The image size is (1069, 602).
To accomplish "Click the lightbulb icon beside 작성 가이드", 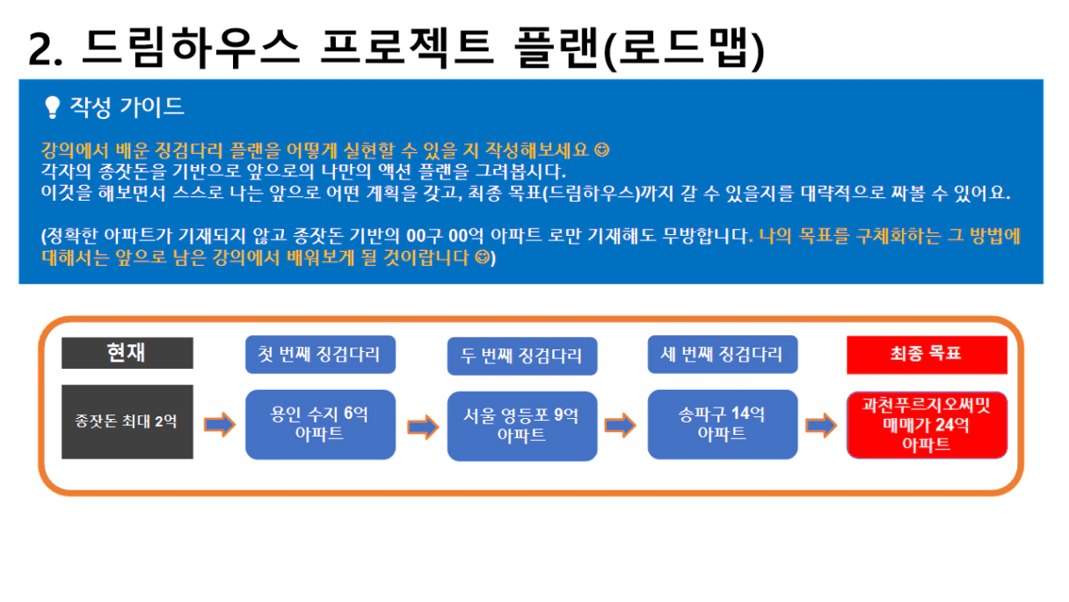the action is click(52, 107).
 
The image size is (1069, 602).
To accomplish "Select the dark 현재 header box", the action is click(127, 353).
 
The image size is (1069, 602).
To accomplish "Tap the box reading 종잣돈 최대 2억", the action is click(127, 422).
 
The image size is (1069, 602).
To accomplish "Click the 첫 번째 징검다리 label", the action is click(320, 355).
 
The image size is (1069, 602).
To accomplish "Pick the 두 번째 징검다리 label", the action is click(522, 356).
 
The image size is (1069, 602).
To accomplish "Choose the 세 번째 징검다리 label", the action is click(723, 355).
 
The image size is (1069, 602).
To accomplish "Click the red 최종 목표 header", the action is click(927, 355).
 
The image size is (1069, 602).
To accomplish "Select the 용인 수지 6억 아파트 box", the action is click(320, 425).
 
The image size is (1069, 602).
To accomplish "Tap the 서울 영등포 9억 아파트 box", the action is click(522, 426).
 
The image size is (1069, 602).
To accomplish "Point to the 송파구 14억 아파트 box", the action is click(723, 424).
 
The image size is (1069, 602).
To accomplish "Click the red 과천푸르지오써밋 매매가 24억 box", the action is click(927, 425).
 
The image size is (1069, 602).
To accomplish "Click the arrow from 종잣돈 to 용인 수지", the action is click(220, 424).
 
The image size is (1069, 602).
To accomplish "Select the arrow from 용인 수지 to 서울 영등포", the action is click(423, 427).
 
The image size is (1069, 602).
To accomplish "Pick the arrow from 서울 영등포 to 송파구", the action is click(620, 425).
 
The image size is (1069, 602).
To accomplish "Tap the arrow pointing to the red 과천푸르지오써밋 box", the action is click(821, 425).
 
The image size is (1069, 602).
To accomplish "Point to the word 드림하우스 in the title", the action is click(191, 47).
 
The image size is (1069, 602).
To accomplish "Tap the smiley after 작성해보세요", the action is click(602, 150).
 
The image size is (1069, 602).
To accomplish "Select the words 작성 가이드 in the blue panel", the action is click(127, 106).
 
